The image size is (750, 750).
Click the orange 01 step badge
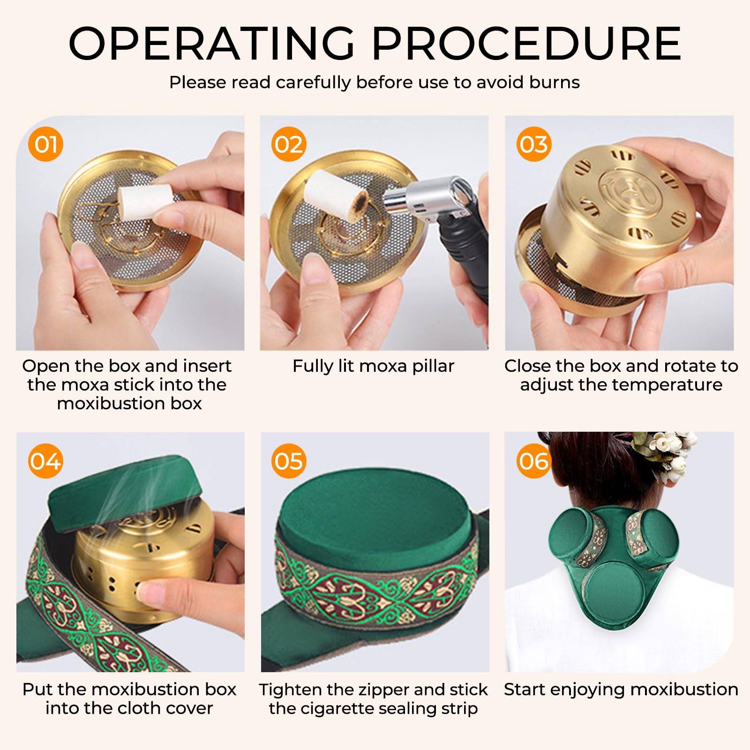(45, 144)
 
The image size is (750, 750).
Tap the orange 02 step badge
(289, 144)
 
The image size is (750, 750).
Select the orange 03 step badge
(534, 144)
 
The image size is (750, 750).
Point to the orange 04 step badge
(45, 461)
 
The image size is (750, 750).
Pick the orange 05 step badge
(289, 461)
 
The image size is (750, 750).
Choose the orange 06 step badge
(534, 461)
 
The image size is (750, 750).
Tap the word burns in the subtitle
(555, 82)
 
